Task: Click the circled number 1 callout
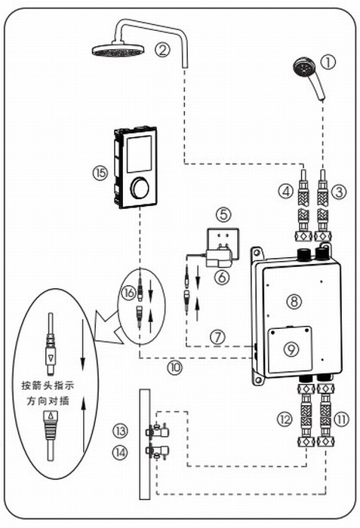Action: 328,63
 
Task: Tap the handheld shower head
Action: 309,78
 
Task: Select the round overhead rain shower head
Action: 118,50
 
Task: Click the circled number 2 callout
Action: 162,50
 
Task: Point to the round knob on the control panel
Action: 140,189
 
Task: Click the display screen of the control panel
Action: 139,154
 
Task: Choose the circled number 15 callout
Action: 100,173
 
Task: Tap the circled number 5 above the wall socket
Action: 224,214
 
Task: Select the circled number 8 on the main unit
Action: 294,301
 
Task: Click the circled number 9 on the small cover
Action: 291,349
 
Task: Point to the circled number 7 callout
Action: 218,337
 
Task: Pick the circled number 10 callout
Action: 175,367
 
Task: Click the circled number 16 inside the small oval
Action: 128,293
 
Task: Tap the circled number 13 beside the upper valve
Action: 120,431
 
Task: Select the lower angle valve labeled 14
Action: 157,452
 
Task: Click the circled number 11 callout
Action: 341,419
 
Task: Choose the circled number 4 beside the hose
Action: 286,192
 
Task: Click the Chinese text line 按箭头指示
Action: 48,385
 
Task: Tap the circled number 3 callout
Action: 339,192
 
